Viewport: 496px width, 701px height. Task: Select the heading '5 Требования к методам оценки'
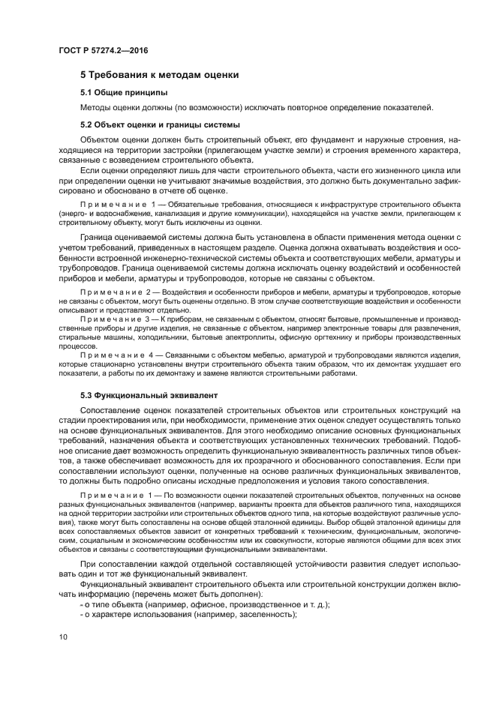click(160, 75)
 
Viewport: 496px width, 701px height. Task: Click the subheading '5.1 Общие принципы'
click(124, 92)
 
